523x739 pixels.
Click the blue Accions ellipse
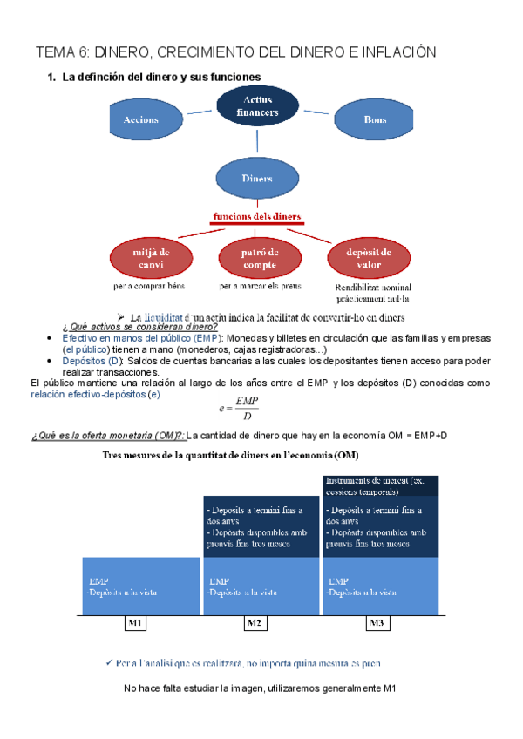click(141, 119)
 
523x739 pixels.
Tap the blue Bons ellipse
click(375, 119)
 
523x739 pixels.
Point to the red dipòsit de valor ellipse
click(367, 257)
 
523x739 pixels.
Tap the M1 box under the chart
click(135, 623)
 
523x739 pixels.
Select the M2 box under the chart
click(255, 623)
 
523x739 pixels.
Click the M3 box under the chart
click(376, 623)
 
